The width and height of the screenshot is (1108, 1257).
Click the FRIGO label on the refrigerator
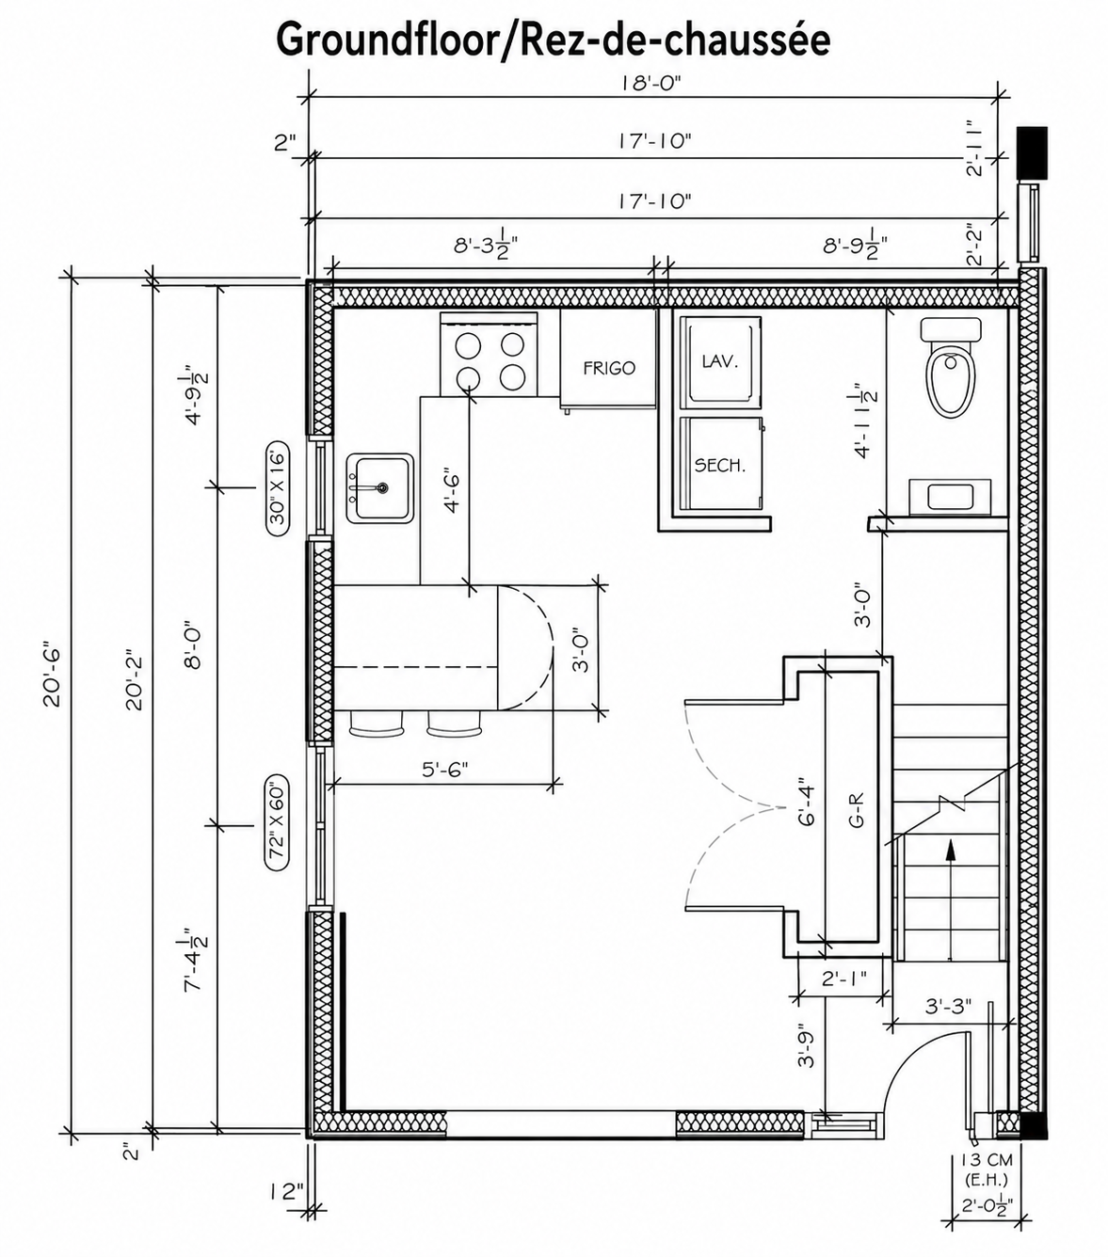point(608,368)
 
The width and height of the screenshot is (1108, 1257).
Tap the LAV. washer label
point(720,361)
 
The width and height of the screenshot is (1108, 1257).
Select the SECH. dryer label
point(720,465)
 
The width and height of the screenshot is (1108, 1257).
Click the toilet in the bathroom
point(951,376)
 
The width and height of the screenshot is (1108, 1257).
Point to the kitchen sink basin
point(379,487)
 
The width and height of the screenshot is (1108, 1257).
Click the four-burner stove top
point(489,361)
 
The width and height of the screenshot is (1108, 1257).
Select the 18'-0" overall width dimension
point(650,83)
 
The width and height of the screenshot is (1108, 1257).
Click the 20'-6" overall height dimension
point(52,674)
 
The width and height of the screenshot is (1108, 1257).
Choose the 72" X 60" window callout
point(277,824)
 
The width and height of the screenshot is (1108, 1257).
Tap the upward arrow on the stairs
point(950,850)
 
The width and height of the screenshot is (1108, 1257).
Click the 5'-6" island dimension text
point(444,770)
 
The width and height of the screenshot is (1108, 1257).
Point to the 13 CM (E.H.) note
point(985,1169)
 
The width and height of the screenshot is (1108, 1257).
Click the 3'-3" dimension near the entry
point(948,1006)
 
